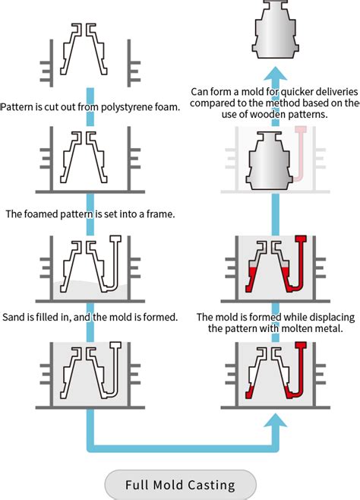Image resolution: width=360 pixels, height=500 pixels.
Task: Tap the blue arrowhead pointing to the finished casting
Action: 277,77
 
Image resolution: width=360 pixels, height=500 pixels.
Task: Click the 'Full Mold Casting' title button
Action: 180,484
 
